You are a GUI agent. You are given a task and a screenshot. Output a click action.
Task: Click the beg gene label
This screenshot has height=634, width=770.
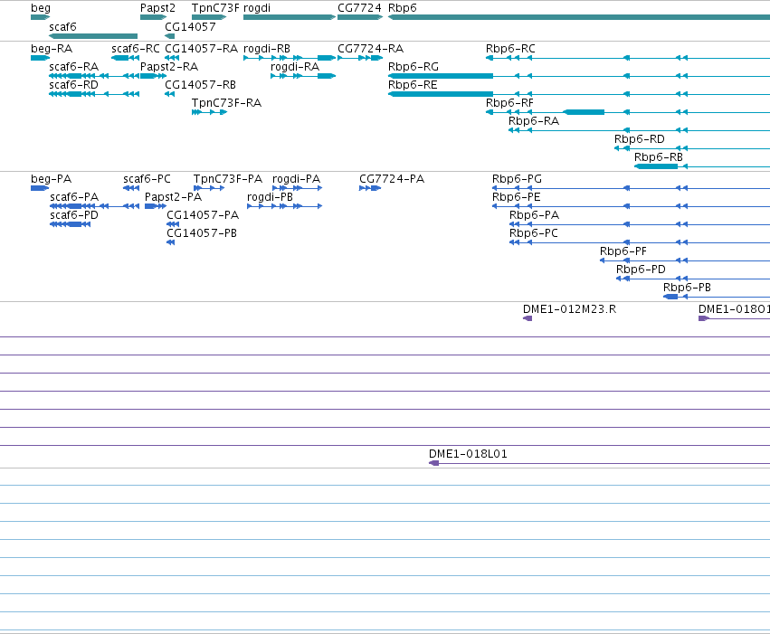coord(41,8)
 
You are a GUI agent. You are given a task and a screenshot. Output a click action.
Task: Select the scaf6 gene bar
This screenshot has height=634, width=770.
coord(93,36)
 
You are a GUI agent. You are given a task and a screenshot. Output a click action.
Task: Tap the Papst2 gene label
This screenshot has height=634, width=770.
coord(157,8)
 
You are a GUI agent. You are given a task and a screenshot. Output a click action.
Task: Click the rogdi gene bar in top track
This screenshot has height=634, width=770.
coord(290,17)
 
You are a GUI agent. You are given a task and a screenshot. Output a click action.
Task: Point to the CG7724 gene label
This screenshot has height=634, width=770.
coord(359,8)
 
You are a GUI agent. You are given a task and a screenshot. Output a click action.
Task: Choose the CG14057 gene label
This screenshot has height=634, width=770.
coord(190,27)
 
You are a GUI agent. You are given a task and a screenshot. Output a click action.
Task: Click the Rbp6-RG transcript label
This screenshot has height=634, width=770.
coord(413,67)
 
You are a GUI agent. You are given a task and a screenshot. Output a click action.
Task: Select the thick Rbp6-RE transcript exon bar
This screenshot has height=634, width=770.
coord(441,94)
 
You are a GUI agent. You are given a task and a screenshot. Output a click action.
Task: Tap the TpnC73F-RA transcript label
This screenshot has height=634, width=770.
coord(226,103)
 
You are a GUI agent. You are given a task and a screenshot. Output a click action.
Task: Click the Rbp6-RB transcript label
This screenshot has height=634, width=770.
coord(659,157)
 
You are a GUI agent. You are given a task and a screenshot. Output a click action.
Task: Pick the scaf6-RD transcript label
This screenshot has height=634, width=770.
coord(73,85)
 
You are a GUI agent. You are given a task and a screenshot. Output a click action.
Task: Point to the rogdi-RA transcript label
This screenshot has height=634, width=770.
coord(295,67)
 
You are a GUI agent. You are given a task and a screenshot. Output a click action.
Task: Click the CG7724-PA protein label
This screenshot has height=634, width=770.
coord(392,179)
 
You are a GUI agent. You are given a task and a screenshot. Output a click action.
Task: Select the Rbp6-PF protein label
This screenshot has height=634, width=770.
coord(623,251)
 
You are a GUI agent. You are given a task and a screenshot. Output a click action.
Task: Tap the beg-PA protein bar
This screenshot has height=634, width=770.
coord(40,188)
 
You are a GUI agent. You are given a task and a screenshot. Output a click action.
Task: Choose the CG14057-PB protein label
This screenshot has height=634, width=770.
coord(202,233)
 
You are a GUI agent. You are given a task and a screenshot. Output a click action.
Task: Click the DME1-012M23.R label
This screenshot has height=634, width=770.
coord(569,309)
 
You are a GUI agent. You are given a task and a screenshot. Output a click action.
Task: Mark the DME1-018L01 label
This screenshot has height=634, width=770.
coord(468,454)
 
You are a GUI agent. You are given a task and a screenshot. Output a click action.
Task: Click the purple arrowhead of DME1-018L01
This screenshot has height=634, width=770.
coord(433,463)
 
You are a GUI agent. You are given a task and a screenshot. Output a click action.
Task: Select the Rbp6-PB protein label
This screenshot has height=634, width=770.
coord(687,288)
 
